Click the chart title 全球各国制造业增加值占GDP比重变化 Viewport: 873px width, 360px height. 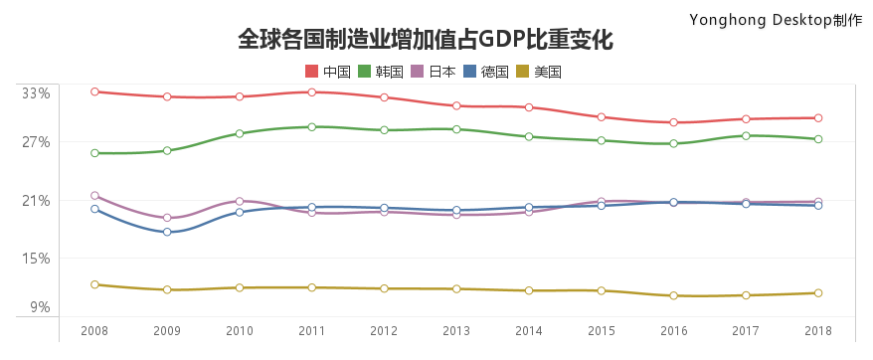pos(426,40)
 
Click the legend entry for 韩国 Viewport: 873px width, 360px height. pos(380,72)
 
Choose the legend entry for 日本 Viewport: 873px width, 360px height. pos(433,72)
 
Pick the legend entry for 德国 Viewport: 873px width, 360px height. pos(485,72)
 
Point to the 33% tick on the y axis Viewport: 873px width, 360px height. pos(36,93)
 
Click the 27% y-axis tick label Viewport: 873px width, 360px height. pos(36,142)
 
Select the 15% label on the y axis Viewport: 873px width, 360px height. pos(36,259)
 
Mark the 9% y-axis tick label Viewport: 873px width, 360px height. pos(39,307)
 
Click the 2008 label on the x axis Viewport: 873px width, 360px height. pos(94,330)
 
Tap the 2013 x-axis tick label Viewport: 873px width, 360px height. pos(456,330)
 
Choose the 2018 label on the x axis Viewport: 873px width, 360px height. pos(818,330)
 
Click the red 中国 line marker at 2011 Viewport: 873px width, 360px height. pos(311,92)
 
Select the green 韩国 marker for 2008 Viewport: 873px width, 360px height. pos(94,153)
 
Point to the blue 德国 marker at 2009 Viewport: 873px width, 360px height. pos(167,232)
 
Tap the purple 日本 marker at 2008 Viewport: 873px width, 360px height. pos(94,196)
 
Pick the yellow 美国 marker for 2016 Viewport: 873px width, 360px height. pos(673,296)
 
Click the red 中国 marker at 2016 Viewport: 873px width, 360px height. pos(673,122)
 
